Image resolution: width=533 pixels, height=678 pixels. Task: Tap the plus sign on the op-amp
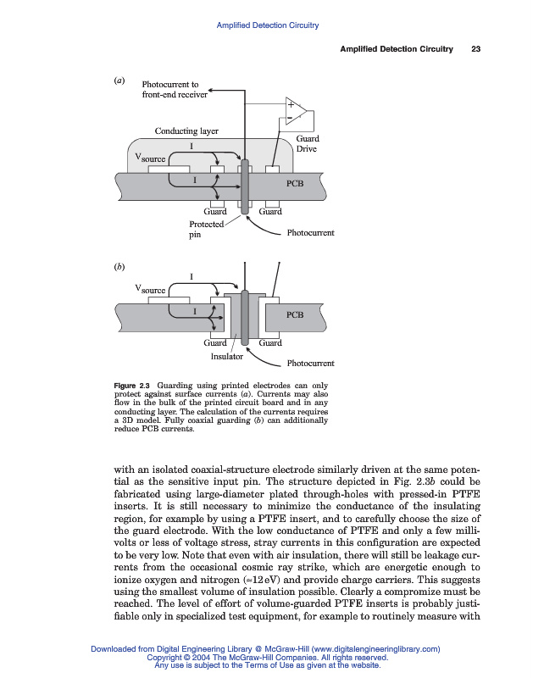pyautogui.click(x=290, y=104)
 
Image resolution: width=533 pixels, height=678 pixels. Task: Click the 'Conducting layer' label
pyautogui.click(x=186, y=131)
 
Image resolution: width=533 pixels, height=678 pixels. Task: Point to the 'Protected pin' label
pyautogui.click(x=206, y=230)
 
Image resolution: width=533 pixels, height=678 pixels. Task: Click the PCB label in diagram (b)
pyautogui.click(x=294, y=314)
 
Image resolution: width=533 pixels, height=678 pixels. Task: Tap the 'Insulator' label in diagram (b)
pyautogui.click(x=226, y=356)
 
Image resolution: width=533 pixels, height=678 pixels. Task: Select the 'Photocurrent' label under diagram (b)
pyautogui.click(x=311, y=364)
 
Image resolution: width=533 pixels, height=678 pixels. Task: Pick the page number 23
pyautogui.click(x=475, y=49)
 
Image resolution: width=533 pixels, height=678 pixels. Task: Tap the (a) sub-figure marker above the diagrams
pyautogui.click(x=119, y=81)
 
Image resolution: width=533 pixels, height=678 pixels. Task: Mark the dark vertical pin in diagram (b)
pyautogui.click(x=244, y=318)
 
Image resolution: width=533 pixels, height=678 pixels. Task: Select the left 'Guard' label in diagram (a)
pyautogui.click(x=216, y=211)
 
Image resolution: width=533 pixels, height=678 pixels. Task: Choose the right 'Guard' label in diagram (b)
pyautogui.click(x=270, y=343)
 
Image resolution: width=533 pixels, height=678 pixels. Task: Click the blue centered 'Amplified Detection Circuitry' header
pyautogui.click(x=267, y=25)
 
